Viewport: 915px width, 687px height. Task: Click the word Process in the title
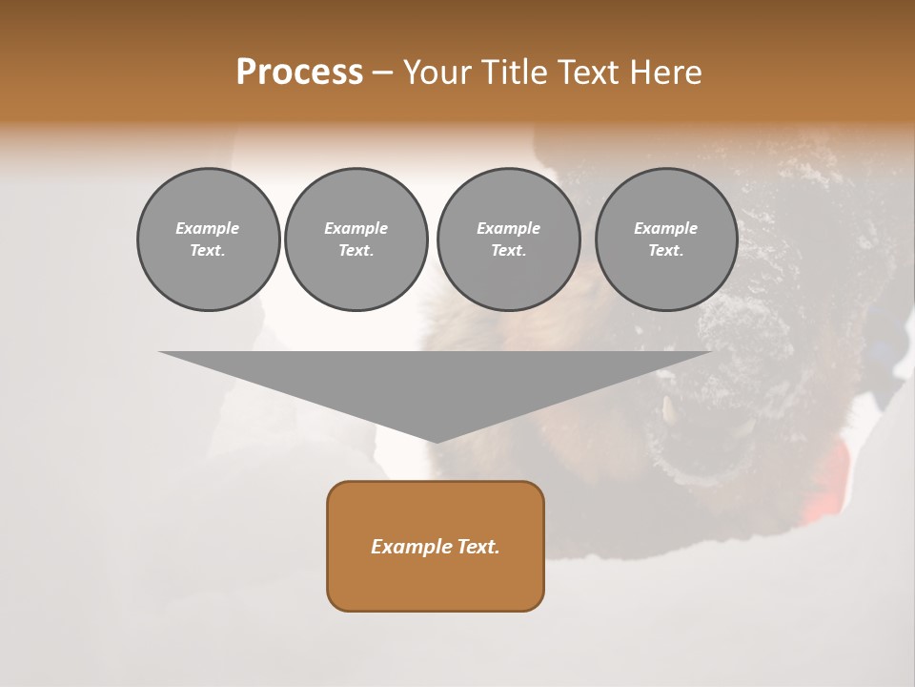click(299, 72)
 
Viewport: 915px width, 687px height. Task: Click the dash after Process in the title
click(382, 73)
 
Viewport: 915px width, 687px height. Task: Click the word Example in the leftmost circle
click(208, 228)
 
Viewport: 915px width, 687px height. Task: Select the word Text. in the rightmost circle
click(666, 250)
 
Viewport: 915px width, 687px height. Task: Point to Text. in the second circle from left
click(356, 250)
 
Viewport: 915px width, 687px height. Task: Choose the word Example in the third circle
click(508, 228)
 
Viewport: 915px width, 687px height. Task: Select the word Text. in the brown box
click(478, 547)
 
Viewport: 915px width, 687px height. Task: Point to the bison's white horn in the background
click(669, 408)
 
